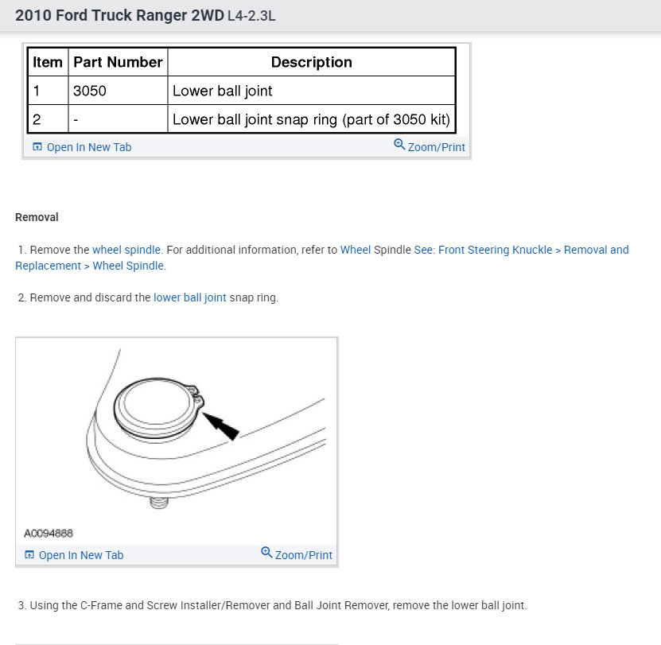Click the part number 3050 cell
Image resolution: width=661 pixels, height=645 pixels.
89,91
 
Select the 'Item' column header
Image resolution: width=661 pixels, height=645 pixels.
48,62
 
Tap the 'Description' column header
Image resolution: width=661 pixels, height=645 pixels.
311,62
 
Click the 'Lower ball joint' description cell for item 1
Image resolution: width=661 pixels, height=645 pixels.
223,91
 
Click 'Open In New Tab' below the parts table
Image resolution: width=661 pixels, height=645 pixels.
82,147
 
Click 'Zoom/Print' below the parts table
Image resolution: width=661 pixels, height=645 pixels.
430,147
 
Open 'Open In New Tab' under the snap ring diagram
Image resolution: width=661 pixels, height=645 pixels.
74,555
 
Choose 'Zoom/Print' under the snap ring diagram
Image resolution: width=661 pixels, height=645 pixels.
297,554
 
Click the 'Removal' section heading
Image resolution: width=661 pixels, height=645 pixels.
37,217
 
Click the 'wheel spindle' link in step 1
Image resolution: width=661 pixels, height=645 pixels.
126,250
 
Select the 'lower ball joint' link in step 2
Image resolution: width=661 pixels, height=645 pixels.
190,297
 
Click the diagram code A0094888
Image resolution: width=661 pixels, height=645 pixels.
49,534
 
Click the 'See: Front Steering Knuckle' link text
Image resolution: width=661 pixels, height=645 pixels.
483,250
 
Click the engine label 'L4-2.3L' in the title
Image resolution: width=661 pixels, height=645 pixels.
251,17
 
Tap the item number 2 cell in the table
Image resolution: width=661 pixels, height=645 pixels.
37,119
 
